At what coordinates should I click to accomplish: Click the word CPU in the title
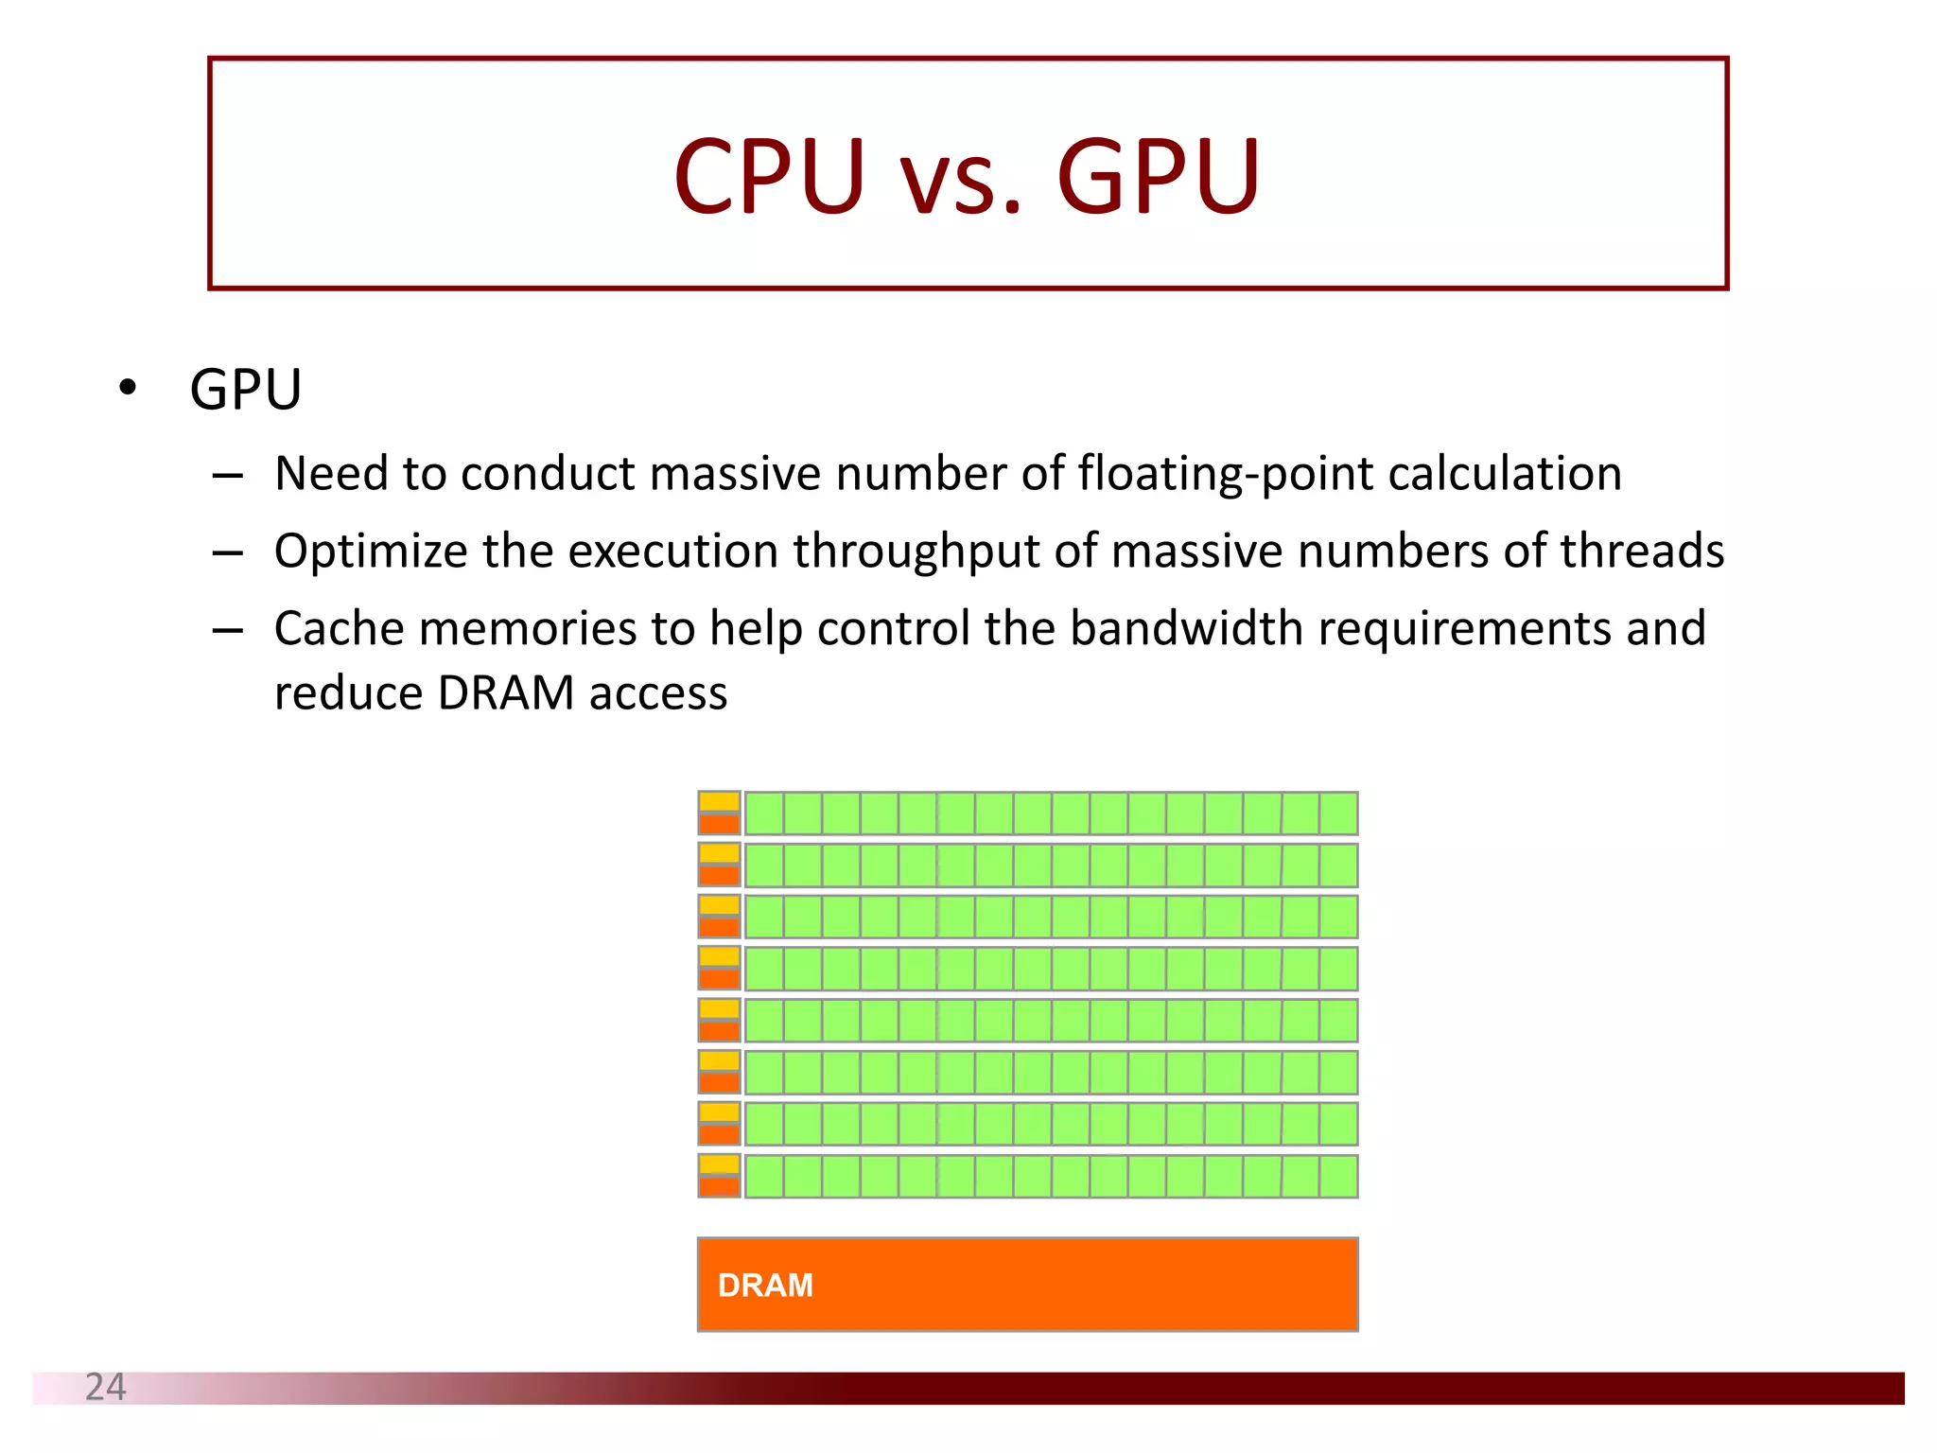pyautogui.click(x=769, y=177)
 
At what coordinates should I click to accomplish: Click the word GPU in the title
pyautogui.click(x=1158, y=177)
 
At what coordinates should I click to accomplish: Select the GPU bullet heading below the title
pyautogui.click(x=246, y=389)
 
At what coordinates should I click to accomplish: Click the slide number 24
pyautogui.click(x=105, y=1387)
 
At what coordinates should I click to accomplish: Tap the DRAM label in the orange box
pyautogui.click(x=765, y=1286)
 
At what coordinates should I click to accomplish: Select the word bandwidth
pyautogui.click(x=1186, y=628)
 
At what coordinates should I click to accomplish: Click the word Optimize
pyautogui.click(x=370, y=551)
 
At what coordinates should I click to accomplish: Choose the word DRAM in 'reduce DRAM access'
pyautogui.click(x=506, y=692)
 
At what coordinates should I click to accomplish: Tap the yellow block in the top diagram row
pyautogui.click(x=719, y=802)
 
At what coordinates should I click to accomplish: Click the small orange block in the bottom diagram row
pyautogui.click(x=719, y=1186)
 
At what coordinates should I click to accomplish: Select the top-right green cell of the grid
pyautogui.click(x=1338, y=814)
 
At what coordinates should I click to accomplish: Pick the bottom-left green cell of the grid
pyautogui.click(x=764, y=1176)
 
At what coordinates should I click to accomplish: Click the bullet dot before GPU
pyautogui.click(x=128, y=388)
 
